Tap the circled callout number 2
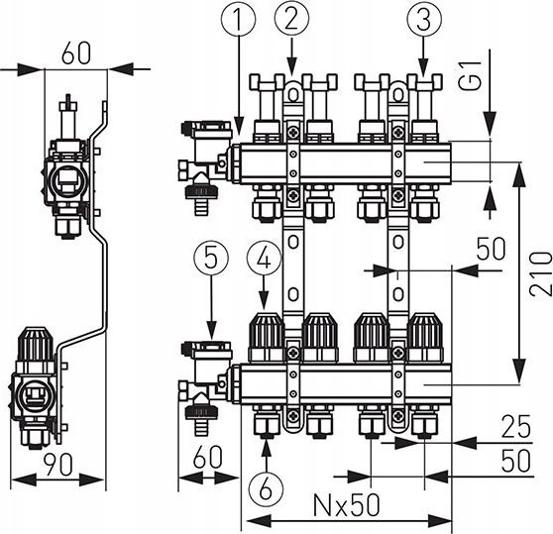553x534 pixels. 291,19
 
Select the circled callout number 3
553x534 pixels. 423,20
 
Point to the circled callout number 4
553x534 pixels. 265,260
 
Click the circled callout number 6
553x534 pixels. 266,488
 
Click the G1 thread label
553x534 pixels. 471,75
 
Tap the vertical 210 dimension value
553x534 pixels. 540,267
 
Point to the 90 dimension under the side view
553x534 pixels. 58,465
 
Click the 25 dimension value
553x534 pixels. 516,426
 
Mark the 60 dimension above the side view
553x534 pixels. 76,53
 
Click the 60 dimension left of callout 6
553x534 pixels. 208,457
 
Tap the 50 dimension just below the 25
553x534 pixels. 516,460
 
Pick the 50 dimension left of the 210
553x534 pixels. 492,249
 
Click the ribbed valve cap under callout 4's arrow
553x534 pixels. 267,337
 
